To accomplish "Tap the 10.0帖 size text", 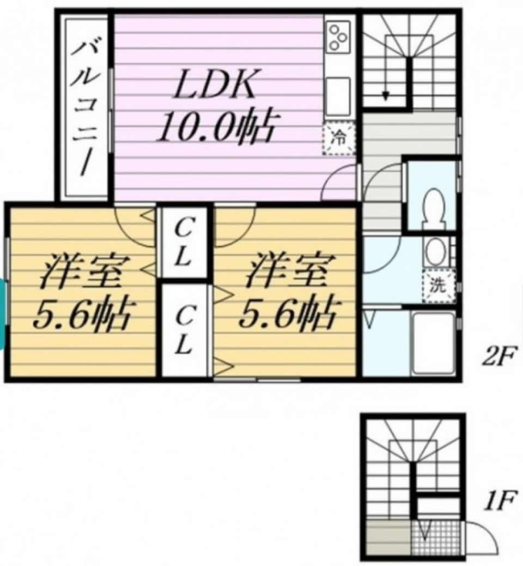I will [x=216, y=127].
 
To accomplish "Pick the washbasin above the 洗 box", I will [x=436, y=252].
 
